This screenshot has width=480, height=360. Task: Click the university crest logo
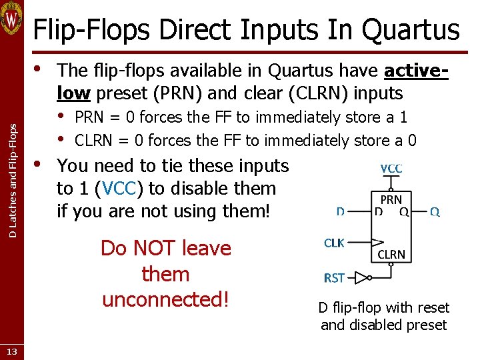tap(12, 19)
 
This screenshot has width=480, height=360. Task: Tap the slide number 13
tap(12, 351)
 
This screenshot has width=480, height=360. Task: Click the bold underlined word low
tap(73, 93)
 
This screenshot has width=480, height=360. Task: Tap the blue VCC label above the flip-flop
tap(391, 169)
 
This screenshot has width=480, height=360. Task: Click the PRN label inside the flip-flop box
tap(391, 199)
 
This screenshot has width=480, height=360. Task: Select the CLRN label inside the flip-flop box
tap(391, 254)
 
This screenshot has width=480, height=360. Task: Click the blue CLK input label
tap(334, 243)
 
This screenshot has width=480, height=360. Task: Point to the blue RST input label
tap(334, 277)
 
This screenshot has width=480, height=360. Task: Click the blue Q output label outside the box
tap(434, 212)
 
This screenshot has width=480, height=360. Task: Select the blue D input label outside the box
tap(340, 212)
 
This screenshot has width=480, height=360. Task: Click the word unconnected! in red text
tap(165, 299)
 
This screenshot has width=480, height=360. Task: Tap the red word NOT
tap(159, 248)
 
